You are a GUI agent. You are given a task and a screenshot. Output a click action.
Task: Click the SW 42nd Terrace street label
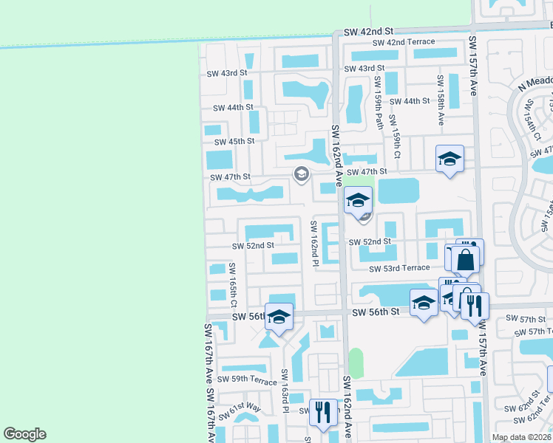point(403,43)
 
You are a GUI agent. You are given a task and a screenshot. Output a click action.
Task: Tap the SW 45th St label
point(234,141)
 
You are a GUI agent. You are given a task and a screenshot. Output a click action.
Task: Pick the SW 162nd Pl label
point(314,242)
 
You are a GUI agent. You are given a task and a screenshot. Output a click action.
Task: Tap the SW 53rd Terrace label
point(399,269)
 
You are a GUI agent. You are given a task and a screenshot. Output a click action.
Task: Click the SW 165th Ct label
point(233,285)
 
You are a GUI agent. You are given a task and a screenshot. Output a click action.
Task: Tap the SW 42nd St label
point(369,32)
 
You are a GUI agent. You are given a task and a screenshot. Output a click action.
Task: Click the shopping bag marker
point(465,260)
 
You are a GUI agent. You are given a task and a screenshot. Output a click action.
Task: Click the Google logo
point(24,434)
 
